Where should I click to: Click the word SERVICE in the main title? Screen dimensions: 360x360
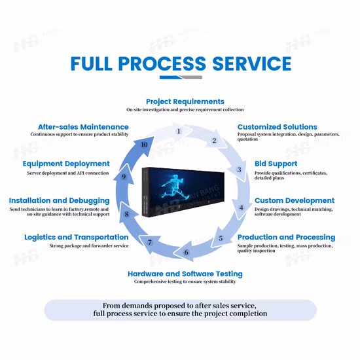[252, 63]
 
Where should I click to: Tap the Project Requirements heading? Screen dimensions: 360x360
[185, 101]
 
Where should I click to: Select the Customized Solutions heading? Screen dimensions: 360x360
[277, 127]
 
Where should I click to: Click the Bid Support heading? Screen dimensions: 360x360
[276, 164]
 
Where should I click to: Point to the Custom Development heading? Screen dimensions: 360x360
[295, 201]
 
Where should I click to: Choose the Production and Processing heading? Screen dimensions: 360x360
[286, 237]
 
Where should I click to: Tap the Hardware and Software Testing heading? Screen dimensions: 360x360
[185, 274]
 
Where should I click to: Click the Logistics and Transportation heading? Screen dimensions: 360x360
[77, 237]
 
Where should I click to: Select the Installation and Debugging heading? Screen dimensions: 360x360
[59, 201]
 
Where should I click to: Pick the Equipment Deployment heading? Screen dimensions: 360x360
[66, 164]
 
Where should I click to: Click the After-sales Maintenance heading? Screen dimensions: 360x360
[83, 127]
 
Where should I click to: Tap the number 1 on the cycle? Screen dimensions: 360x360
[179, 132]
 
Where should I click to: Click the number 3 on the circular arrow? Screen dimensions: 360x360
[239, 170]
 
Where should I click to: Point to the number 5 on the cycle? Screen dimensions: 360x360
[221, 238]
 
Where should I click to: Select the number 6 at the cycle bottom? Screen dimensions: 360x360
[186, 253]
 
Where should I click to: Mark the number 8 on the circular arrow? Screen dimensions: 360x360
[126, 214]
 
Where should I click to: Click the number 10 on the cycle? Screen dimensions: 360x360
[144, 145]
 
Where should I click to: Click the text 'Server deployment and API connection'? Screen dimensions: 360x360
[68, 173]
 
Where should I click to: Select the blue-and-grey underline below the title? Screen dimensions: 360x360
[181, 77]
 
